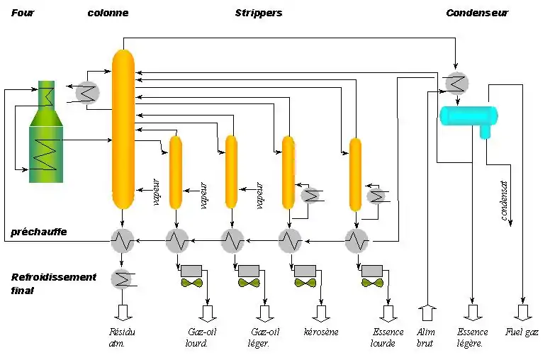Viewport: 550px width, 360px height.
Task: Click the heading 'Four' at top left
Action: point(23,13)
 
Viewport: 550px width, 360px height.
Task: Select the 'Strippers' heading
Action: point(258,13)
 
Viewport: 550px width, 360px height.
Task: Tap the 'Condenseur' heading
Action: point(476,13)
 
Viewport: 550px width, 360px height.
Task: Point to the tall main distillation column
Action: point(123,128)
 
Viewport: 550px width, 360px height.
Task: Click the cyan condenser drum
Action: point(468,115)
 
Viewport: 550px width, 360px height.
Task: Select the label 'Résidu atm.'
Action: point(121,338)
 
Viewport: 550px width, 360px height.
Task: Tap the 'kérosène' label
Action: point(320,332)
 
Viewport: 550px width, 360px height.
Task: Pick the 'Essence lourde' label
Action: point(388,338)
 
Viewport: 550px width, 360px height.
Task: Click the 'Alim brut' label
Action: point(426,338)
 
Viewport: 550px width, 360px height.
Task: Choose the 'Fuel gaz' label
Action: point(522,332)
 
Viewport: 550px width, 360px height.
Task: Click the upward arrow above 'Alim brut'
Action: point(426,313)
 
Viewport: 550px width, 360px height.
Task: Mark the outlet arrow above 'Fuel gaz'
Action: point(522,313)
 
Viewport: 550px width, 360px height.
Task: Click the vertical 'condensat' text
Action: point(505,201)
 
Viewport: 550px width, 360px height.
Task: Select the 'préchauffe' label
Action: point(38,232)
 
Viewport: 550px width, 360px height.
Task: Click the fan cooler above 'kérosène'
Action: point(305,283)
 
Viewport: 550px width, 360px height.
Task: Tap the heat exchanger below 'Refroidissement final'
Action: point(122,279)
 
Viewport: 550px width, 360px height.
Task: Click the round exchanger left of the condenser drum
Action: point(455,84)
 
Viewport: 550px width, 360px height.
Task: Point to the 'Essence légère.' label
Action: point(473,338)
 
